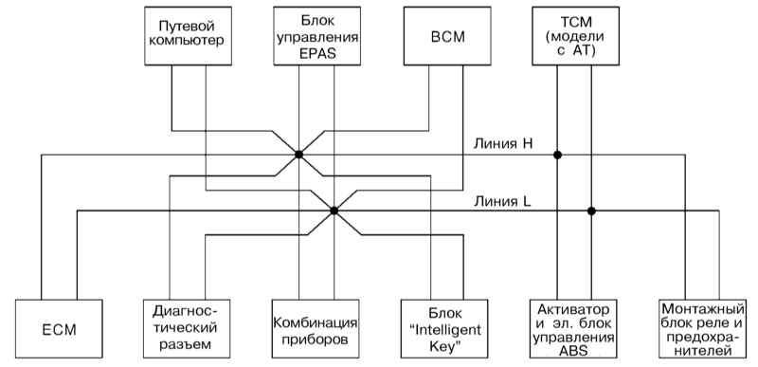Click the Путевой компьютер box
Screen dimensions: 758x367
click(x=188, y=36)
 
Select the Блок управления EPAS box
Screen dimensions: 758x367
click(x=316, y=36)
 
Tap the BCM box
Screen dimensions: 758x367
click(x=447, y=36)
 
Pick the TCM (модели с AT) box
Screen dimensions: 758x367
click(x=576, y=36)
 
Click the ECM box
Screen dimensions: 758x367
click(x=59, y=329)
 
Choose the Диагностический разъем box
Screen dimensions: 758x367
click(x=187, y=329)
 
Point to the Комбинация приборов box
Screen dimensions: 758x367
click(x=316, y=329)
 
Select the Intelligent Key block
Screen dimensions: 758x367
click(x=444, y=329)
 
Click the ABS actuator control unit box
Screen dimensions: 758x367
click(x=573, y=329)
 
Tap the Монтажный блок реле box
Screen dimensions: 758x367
click(x=702, y=329)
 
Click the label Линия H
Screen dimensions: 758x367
click(x=503, y=143)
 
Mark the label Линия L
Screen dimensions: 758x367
click(x=502, y=201)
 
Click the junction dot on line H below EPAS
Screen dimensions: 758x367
click(x=298, y=155)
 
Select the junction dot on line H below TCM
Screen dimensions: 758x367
click(x=557, y=155)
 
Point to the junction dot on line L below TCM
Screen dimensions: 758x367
click(x=591, y=211)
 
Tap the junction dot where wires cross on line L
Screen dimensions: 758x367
click(x=334, y=211)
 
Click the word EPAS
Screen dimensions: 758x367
click(x=317, y=53)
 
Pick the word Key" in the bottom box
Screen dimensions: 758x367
click(x=444, y=347)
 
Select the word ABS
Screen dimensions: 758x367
click(x=573, y=351)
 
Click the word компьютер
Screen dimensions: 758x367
click(x=188, y=41)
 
